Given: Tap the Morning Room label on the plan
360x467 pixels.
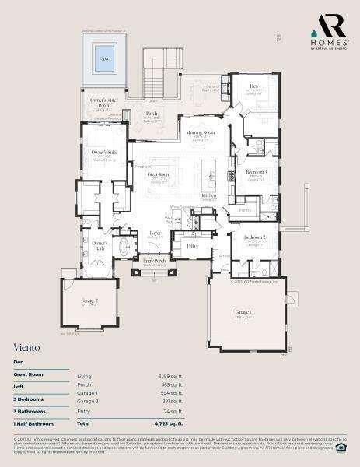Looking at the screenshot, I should click(200, 133).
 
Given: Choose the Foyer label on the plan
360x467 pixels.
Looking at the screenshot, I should click(155, 233).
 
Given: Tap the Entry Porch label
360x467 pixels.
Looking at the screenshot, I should click(154, 261).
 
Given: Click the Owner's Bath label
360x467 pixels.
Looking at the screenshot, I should click(100, 245).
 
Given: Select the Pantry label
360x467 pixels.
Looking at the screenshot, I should click(245, 210).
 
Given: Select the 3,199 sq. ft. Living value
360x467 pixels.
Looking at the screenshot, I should click(170, 376).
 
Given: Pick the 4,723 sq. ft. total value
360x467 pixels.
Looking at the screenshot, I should click(170, 423).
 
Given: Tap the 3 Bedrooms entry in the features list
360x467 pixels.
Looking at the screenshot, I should click(29, 399).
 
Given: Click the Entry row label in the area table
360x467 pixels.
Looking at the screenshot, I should click(83, 410).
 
